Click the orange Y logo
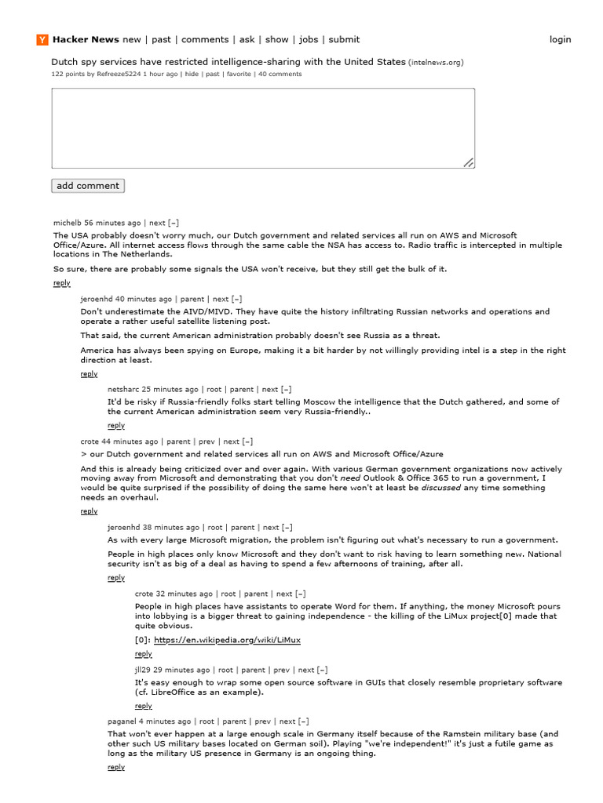[x=42, y=40]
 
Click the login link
[x=560, y=40]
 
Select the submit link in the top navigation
[x=344, y=40]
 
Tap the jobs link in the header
[x=309, y=40]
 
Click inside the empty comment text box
[x=263, y=128]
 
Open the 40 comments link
[x=280, y=74]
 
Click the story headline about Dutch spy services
[x=228, y=61]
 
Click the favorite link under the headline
[x=239, y=74]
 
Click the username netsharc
[x=123, y=389]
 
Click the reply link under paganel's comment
[x=116, y=767]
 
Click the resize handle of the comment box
[x=468, y=162]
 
